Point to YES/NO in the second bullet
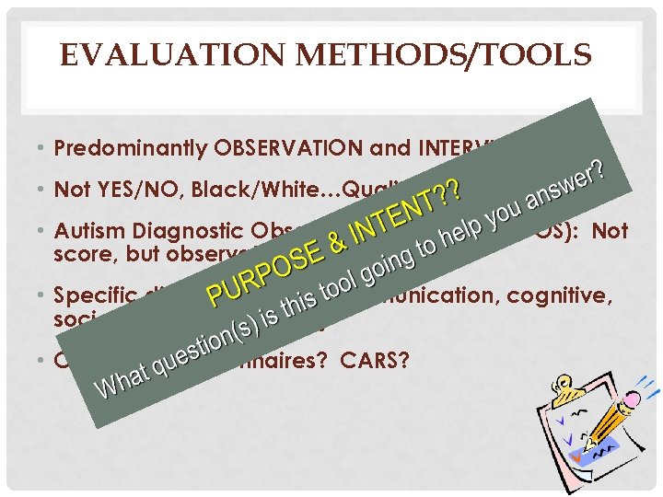pyautogui.click(x=123, y=191)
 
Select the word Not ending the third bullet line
pyautogui.click(x=609, y=232)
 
